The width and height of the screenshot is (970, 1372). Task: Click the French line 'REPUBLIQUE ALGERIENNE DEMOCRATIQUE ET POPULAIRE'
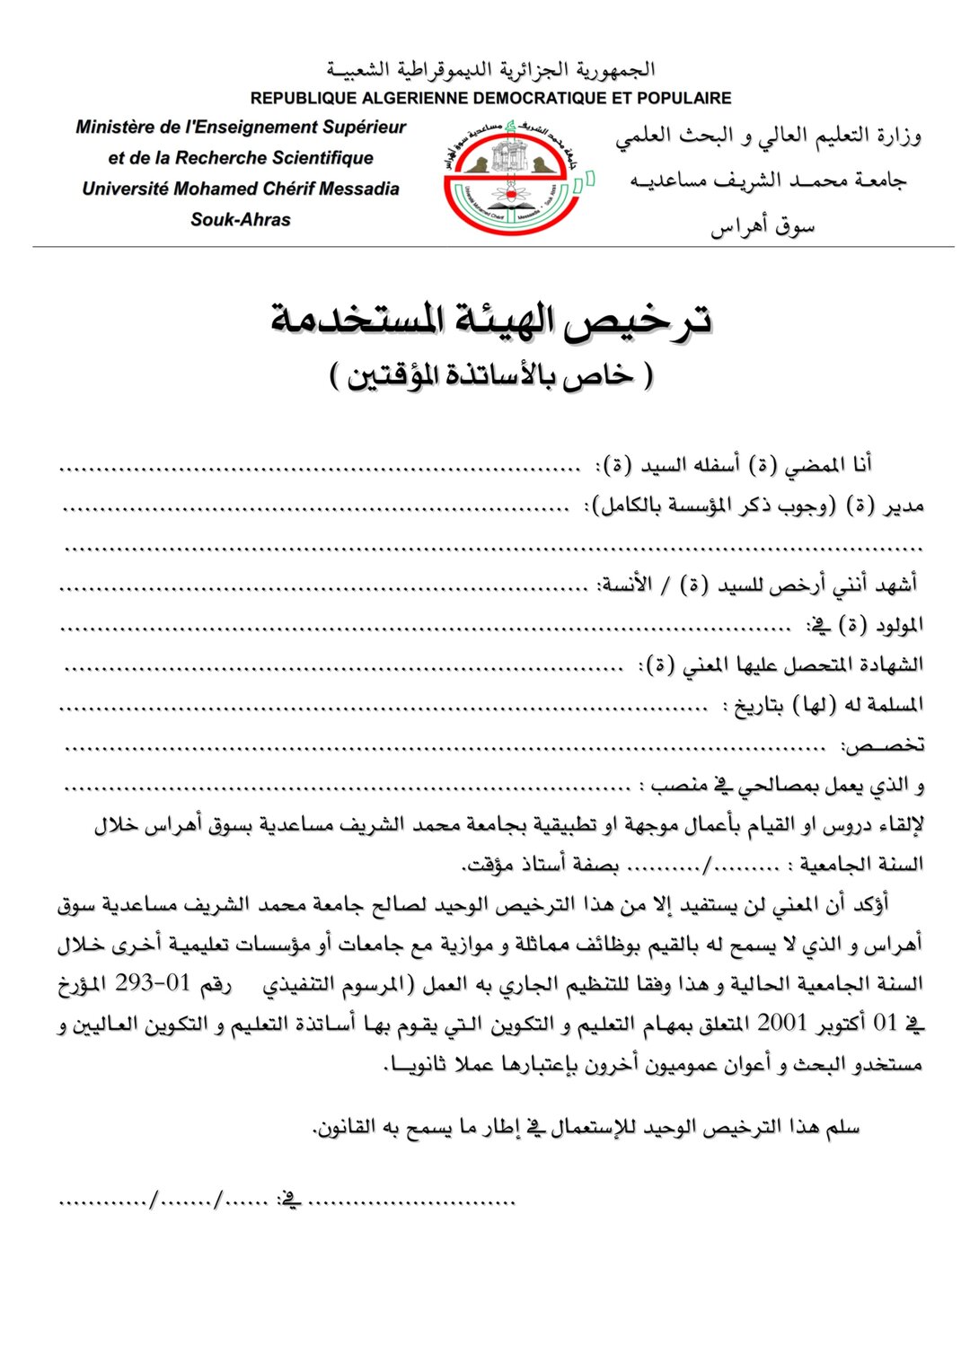(490, 98)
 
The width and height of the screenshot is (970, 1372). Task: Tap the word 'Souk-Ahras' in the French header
(241, 219)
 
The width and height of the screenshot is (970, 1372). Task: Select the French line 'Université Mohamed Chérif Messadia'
(241, 189)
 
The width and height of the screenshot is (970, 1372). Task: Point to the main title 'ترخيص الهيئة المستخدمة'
(491, 320)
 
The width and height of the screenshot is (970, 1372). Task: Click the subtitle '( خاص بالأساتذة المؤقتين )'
(491, 375)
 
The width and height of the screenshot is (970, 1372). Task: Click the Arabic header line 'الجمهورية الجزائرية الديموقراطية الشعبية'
(490, 70)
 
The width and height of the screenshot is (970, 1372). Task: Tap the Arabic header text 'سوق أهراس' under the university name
(763, 226)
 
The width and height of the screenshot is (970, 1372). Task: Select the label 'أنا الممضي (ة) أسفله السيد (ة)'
(736, 465)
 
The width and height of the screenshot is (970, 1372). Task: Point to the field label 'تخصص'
(882, 745)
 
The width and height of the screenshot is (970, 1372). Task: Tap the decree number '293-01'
(154, 983)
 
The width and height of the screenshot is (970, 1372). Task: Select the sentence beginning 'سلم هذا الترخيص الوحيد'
(586, 1128)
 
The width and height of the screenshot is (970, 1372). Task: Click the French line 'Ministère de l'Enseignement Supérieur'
(241, 128)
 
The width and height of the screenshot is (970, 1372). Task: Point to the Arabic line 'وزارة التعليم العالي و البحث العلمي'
(768, 136)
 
